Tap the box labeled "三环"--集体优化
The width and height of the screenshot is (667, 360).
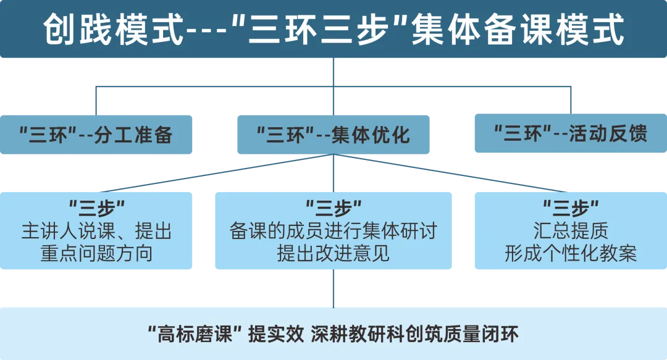pyautogui.click(x=333, y=134)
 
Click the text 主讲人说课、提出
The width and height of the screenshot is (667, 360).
pyautogui.click(x=96, y=232)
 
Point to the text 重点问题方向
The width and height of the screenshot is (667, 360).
pyautogui.click(x=96, y=254)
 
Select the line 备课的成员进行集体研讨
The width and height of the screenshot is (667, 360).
pyautogui.click(x=333, y=232)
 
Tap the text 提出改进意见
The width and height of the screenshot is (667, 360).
pyautogui.click(x=333, y=254)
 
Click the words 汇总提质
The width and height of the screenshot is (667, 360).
pyautogui.click(x=570, y=232)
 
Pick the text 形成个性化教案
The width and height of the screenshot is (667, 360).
pyautogui.click(x=570, y=254)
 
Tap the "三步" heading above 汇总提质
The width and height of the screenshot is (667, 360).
pyautogui.click(x=570, y=207)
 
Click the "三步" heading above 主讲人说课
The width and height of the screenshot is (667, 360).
pyautogui.click(x=96, y=207)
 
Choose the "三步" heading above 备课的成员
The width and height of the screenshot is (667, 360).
pyautogui.click(x=333, y=207)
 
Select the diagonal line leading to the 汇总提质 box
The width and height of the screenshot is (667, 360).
pyautogui.click(x=451, y=174)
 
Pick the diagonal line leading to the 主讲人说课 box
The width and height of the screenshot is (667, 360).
pyautogui.click(x=216, y=174)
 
